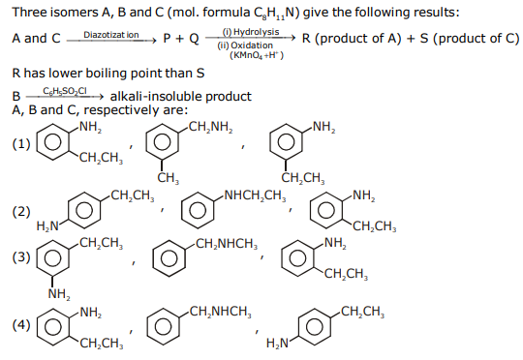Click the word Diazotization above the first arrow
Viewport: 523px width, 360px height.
tap(111, 35)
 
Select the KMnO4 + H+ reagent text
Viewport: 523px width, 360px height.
tap(257, 55)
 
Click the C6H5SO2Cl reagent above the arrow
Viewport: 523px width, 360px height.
tap(65, 91)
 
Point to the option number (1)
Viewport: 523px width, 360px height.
tap(21, 144)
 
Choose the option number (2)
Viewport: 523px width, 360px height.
tap(21, 211)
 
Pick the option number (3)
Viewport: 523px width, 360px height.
tap(21, 257)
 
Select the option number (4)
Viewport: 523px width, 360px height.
tap(21, 324)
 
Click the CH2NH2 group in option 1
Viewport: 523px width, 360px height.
tap(210, 128)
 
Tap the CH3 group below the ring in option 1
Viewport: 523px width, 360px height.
tap(169, 178)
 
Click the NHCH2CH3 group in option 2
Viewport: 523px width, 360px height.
tap(255, 195)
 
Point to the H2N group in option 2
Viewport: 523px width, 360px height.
tap(47, 226)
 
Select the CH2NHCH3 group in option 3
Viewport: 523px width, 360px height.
tap(227, 244)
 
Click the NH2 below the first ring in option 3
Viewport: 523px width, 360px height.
tap(59, 294)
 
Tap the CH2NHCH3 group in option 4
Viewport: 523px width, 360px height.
tap(220, 312)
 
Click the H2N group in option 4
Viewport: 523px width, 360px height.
tap(278, 343)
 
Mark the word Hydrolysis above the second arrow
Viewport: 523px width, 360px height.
tap(256, 32)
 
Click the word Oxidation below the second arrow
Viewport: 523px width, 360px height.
tap(252, 45)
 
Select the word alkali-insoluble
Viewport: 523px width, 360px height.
tap(156, 97)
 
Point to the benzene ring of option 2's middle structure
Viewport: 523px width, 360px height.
tap(199, 210)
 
